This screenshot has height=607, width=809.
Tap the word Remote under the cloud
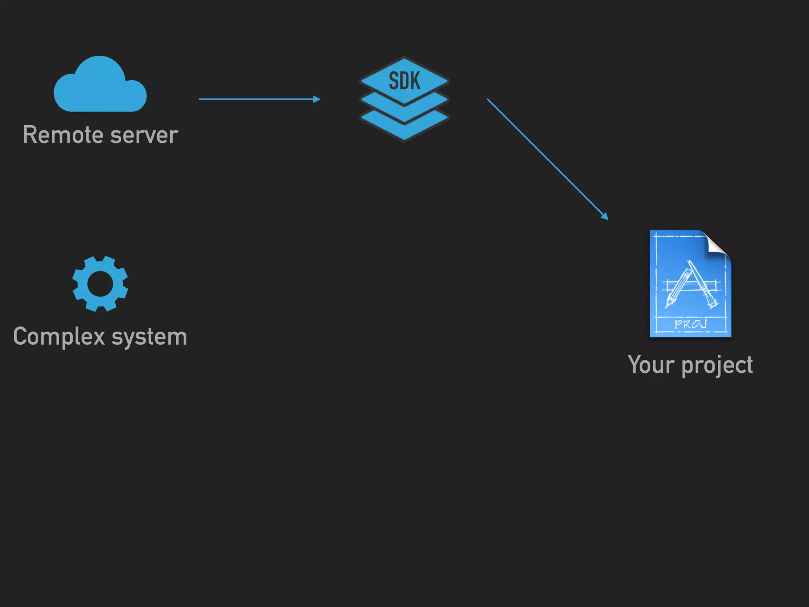tap(63, 135)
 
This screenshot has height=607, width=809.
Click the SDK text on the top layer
tap(404, 81)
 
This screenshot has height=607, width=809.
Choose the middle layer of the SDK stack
tap(404, 109)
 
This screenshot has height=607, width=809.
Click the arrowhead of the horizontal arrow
tap(317, 99)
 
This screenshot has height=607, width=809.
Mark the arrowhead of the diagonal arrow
tap(605, 216)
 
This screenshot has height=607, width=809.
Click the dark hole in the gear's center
tap(100, 284)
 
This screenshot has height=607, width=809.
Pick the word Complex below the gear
tap(59, 337)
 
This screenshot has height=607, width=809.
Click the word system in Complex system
tap(149, 337)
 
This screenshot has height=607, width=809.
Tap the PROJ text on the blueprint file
tap(690, 324)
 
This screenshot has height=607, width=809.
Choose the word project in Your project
tap(717, 366)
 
